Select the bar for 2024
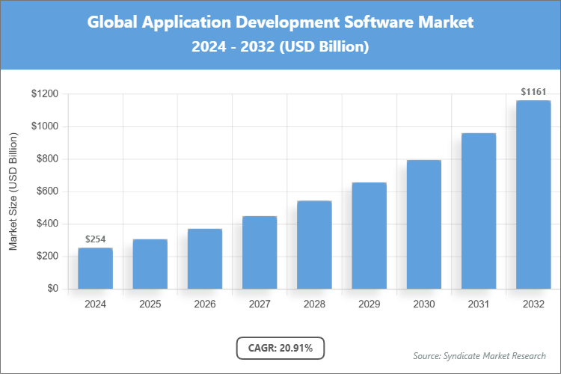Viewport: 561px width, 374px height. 95,268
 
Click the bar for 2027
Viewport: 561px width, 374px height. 259,252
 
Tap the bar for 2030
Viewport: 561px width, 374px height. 423,224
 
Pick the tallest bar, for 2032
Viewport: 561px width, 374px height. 533,194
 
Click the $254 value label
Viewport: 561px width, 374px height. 95,239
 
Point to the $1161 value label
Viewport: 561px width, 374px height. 533,92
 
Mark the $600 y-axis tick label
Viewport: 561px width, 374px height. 48,191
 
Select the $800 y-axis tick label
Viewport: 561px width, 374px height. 48,159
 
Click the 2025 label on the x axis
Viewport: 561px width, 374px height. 150,304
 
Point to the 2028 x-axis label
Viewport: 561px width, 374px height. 314,304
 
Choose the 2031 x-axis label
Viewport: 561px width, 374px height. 478,304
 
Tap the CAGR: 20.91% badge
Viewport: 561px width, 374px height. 280,347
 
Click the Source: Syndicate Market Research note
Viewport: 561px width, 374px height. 479,355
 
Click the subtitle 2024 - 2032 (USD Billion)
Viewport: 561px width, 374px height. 280,46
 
